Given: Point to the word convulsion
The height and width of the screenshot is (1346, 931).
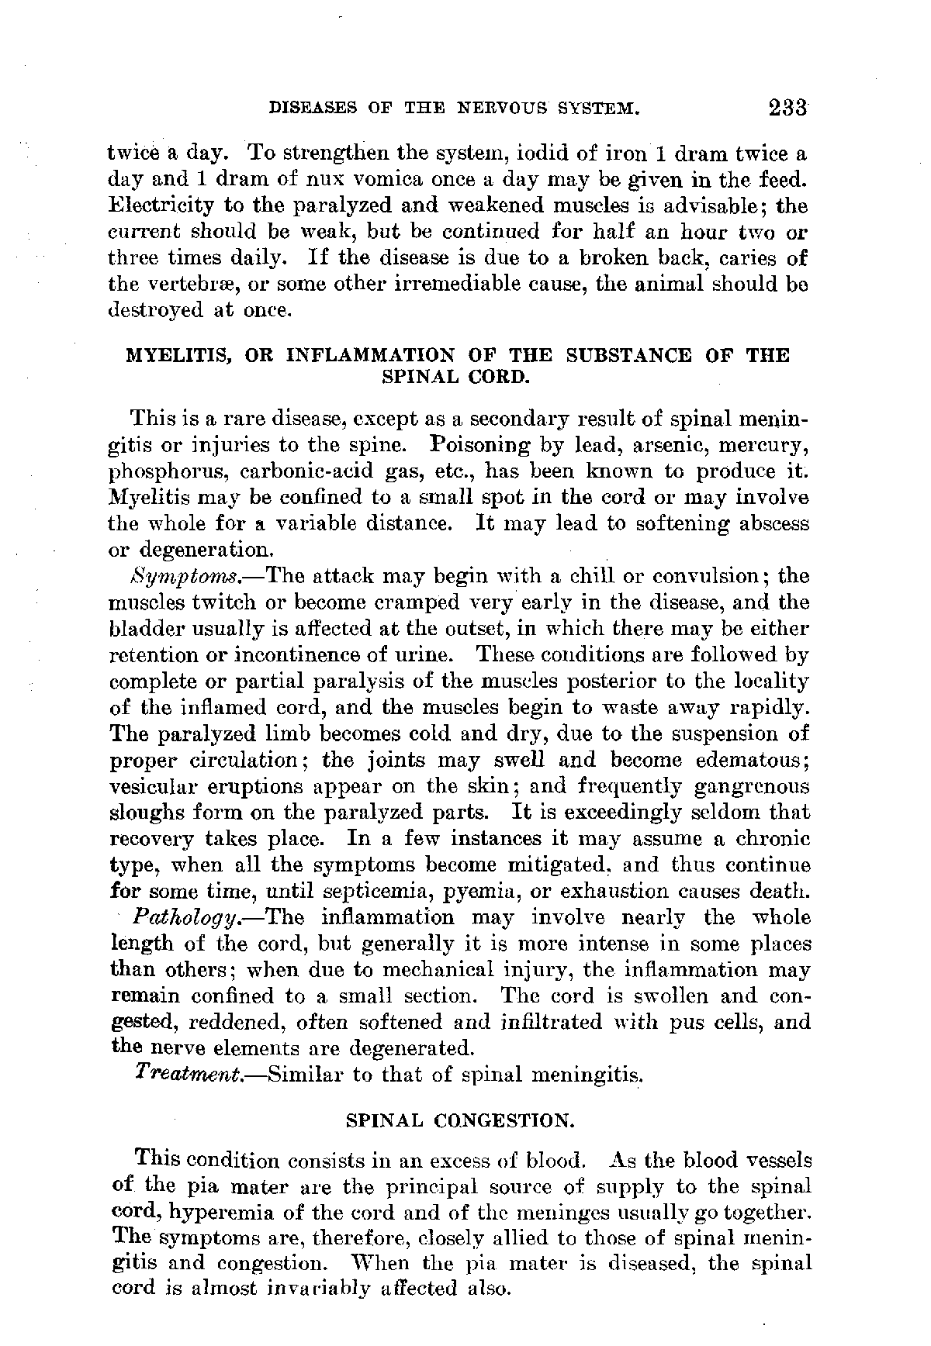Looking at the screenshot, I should [x=713, y=577].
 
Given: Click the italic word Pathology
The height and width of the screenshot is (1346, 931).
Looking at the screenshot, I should [x=184, y=919].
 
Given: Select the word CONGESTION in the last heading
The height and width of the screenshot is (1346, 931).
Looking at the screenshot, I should [x=504, y=1120].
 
